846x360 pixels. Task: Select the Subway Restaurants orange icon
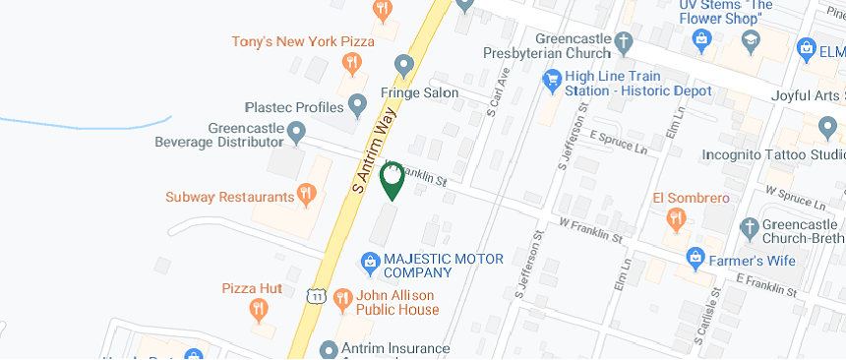point(306,195)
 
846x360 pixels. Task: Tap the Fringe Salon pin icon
point(403,66)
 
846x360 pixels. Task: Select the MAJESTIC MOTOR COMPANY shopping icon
point(370,262)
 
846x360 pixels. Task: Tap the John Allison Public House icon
point(343,298)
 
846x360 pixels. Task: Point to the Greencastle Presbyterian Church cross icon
point(622,42)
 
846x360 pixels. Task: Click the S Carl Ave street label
point(499,88)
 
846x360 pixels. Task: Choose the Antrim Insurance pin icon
point(330,349)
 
